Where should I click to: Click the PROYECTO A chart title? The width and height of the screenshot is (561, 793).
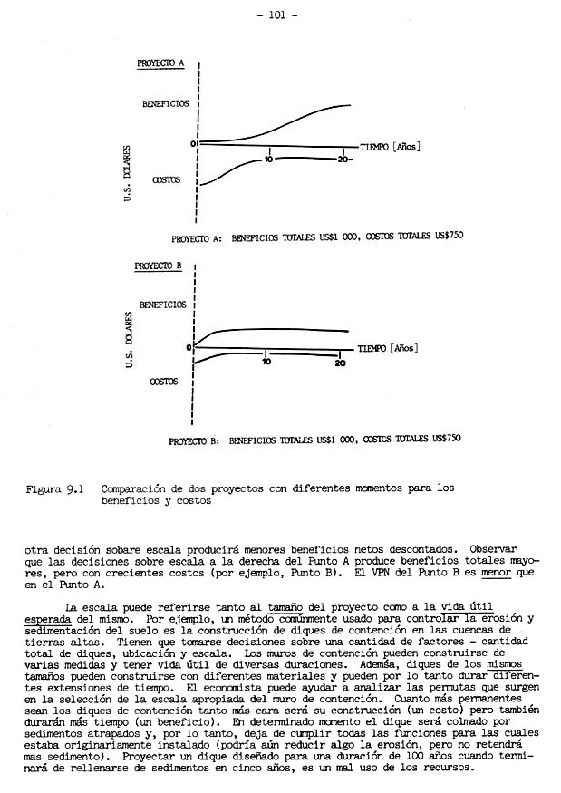(x=160, y=63)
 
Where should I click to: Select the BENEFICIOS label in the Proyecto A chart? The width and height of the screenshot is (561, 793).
(x=165, y=104)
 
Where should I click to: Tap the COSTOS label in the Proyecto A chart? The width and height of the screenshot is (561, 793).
(x=166, y=180)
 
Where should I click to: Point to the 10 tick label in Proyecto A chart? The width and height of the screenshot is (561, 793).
(x=269, y=160)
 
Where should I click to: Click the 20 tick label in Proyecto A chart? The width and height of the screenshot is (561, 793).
(x=343, y=160)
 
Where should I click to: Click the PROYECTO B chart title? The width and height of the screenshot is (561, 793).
(x=159, y=266)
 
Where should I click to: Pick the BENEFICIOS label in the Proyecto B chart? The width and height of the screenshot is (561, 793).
(x=163, y=305)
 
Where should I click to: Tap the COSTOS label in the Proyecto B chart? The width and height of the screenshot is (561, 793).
(x=163, y=382)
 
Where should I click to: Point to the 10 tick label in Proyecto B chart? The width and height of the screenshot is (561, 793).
(x=266, y=363)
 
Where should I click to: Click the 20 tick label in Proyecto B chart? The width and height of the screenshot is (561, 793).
(x=340, y=363)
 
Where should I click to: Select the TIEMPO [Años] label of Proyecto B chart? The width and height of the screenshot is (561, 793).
(x=387, y=347)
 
